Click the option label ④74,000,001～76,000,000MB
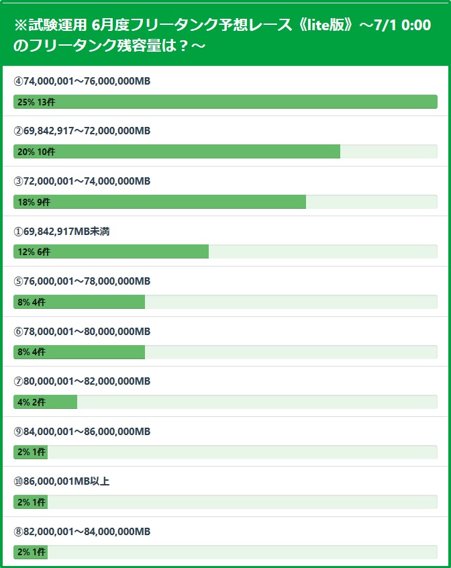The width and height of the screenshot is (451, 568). click(82, 81)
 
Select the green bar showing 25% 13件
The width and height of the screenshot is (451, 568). click(225, 101)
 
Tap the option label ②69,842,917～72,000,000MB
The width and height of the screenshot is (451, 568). click(82, 131)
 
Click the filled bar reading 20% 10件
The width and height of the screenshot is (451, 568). click(177, 152)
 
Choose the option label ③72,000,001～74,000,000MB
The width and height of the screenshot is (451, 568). click(82, 181)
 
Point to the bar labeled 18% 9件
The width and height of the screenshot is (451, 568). click(160, 201)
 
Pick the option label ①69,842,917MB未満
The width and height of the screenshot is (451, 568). click(62, 232)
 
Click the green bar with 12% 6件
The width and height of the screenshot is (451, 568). click(111, 252)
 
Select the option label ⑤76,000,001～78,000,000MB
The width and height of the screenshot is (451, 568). click(82, 281)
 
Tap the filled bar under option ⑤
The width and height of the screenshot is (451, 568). click(79, 301)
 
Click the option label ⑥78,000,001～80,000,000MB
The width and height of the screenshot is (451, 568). click(82, 332)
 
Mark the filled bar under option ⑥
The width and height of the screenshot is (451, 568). click(79, 352)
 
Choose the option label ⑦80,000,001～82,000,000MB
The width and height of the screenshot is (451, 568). click(82, 381)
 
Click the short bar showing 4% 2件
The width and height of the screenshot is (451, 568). click(45, 402)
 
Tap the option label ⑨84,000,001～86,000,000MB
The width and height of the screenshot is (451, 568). click(82, 432)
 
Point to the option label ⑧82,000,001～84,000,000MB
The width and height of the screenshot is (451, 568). click(82, 532)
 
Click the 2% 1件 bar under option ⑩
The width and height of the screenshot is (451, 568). click(30, 502)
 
